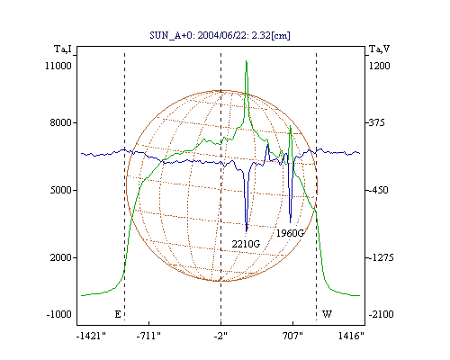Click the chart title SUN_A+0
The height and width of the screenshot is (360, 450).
click(170, 36)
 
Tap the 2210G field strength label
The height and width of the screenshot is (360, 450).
click(246, 244)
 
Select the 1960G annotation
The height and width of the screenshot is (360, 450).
click(290, 233)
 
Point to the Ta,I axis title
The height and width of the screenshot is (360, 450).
click(63, 49)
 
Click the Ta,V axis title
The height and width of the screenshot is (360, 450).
click(379, 49)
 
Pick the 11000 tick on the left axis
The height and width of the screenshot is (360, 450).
click(58, 66)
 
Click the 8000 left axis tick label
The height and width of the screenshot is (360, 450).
click(61, 122)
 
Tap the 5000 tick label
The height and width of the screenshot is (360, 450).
click(61, 190)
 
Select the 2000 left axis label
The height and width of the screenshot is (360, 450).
click(61, 257)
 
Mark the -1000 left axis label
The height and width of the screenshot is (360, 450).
click(59, 314)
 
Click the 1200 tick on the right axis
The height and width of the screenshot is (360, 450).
click(379, 66)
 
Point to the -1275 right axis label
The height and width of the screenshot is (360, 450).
click(381, 257)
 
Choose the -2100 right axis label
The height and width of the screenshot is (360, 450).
click(381, 314)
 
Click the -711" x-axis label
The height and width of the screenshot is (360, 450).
click(148, 337)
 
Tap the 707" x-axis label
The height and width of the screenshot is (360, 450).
click(292, 337)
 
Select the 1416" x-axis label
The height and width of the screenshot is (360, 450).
click(351, 337)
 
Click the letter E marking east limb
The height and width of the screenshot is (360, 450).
click(118, 314)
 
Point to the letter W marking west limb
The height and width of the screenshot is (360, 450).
click(327, 314)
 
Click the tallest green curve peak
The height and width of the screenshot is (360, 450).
click(247, 61)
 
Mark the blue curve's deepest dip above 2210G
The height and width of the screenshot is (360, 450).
click(247, 231)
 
